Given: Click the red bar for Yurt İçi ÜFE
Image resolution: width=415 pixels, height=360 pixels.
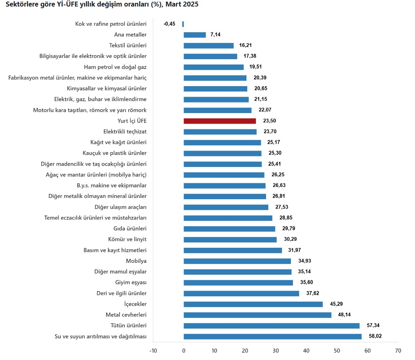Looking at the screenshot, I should coord(220,121).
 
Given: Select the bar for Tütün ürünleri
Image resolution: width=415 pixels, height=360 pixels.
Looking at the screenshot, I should coord(271,326).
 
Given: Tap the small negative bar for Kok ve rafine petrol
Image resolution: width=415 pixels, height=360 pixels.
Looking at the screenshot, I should coord(183,24).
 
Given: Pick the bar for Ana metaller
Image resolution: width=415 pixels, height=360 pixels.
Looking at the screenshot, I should coord(195,35).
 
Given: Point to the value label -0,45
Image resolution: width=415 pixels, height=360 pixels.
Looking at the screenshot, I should coord(169,24).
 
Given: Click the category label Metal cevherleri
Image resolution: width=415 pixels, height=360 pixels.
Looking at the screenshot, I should coord(126,315).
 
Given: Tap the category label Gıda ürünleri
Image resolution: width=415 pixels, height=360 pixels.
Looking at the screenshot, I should coord(130,229).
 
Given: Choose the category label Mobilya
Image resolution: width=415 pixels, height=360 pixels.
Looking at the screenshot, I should coord(136,261).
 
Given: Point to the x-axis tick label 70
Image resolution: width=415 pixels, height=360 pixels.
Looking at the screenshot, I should coord(398,351).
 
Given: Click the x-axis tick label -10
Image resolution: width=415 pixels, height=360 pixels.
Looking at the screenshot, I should coord(153,351).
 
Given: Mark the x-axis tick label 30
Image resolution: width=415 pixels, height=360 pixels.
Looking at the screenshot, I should coord(276,351).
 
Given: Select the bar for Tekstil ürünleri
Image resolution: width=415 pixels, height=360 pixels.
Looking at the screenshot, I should coord(209,46).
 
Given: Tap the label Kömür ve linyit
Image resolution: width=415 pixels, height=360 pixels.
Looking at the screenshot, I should coord(128,239).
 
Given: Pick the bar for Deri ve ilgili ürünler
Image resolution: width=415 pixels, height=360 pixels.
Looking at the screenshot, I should coord(241,293).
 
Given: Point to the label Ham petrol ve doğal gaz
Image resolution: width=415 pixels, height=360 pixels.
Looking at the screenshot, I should coord(115,67).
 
